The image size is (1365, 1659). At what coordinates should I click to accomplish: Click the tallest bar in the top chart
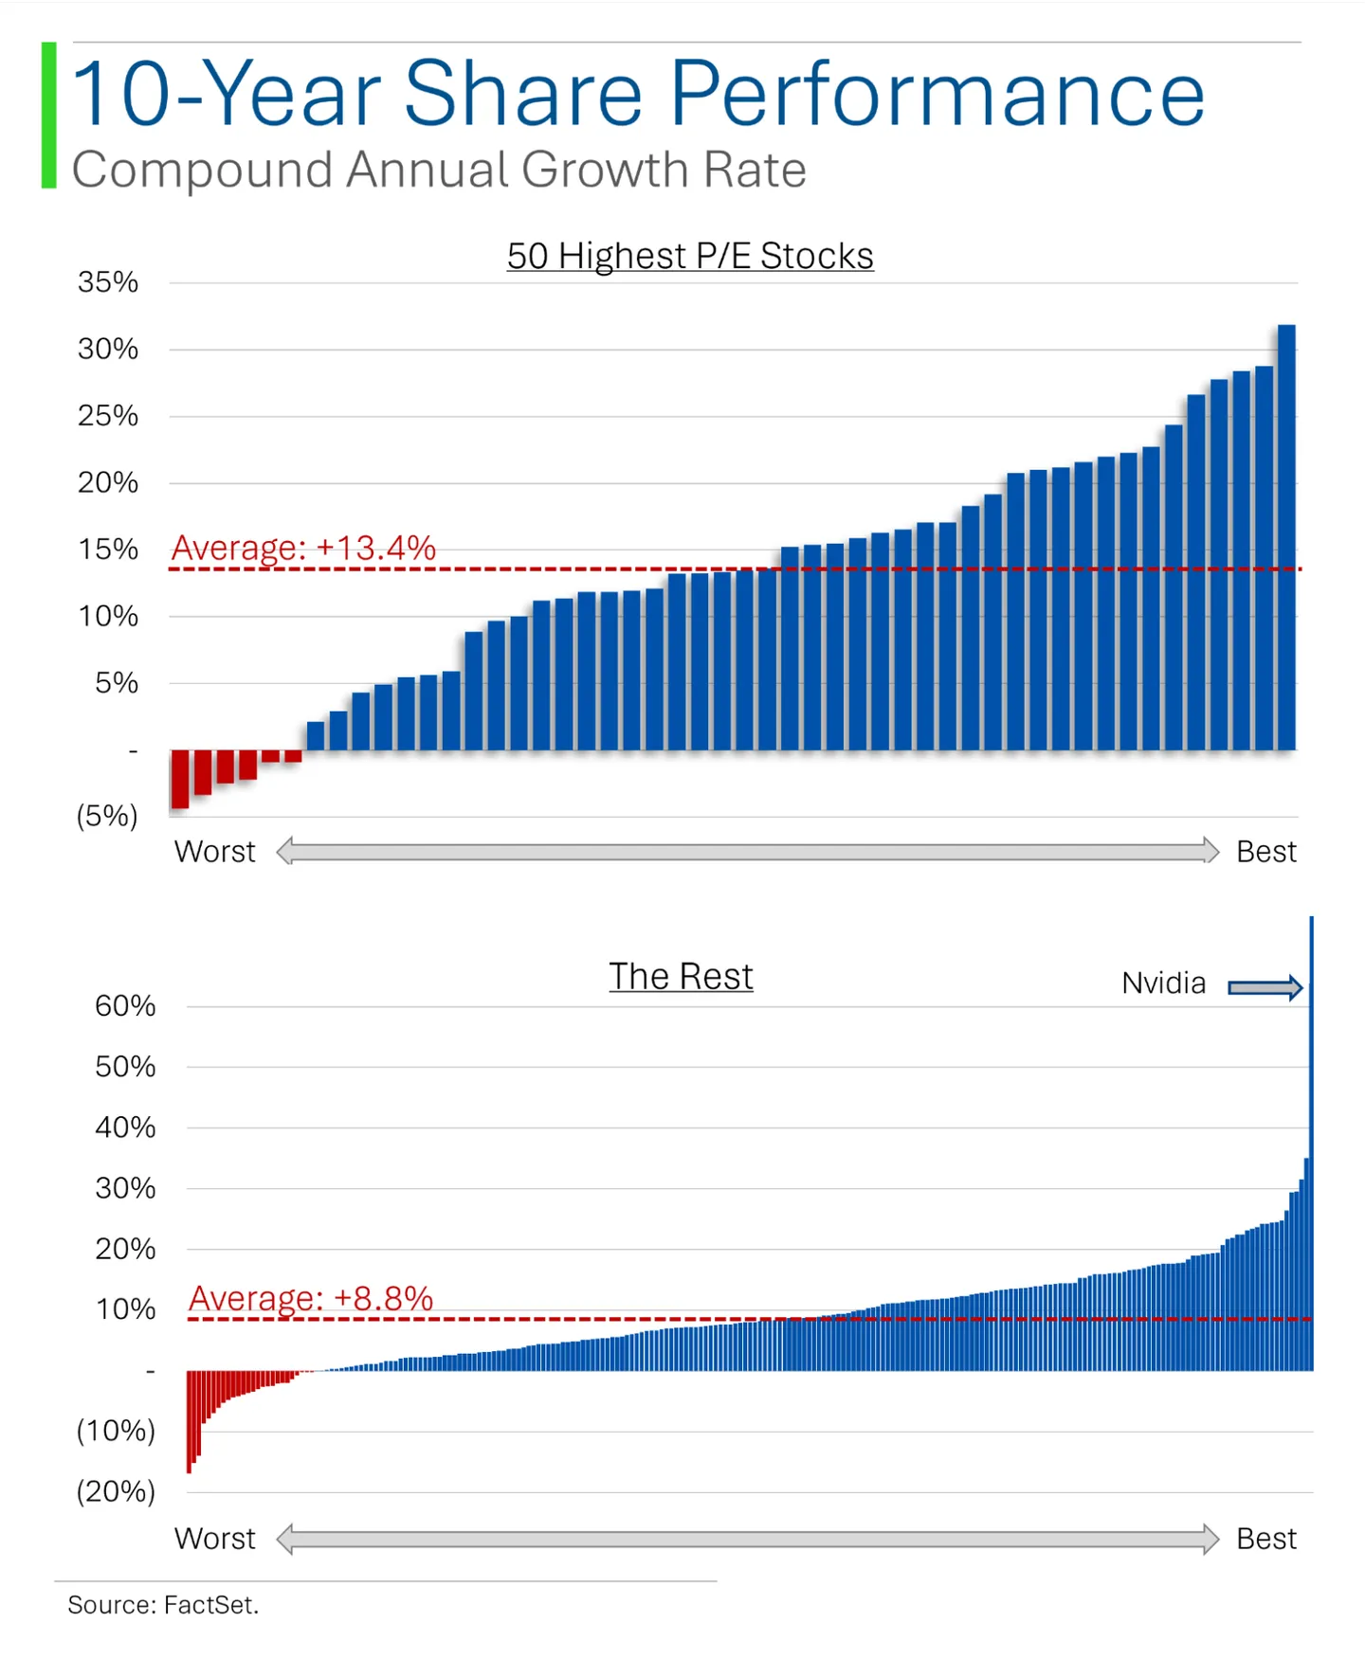1286,537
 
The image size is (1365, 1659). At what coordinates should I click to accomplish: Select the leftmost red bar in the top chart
180,779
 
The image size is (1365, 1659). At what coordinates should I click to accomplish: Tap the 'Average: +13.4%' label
303,548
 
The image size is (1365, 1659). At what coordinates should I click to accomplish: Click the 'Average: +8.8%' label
311,1298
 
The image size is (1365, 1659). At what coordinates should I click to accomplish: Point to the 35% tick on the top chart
108,282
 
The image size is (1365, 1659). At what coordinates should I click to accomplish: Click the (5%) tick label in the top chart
107,816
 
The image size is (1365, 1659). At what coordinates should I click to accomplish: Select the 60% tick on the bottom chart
125,1006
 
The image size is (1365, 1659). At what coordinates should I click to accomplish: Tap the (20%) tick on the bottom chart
116,1491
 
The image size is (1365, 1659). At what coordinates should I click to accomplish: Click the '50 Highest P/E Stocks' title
690,256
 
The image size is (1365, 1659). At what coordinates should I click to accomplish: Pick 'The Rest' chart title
681,977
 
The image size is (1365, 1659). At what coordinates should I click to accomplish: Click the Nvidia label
1164,983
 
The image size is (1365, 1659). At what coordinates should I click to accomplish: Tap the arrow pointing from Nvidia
1265,988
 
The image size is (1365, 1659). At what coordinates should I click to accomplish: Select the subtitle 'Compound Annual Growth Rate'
439,171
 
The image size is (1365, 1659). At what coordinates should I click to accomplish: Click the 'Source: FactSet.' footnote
163,1605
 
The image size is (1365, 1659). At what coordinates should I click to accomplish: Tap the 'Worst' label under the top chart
215,852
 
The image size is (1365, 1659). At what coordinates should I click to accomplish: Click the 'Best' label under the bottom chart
1266,1539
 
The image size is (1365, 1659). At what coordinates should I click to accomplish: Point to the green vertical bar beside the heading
49,116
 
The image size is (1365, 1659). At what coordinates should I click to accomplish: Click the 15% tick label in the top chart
108,550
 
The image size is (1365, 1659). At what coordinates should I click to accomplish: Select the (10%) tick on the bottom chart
116,1431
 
